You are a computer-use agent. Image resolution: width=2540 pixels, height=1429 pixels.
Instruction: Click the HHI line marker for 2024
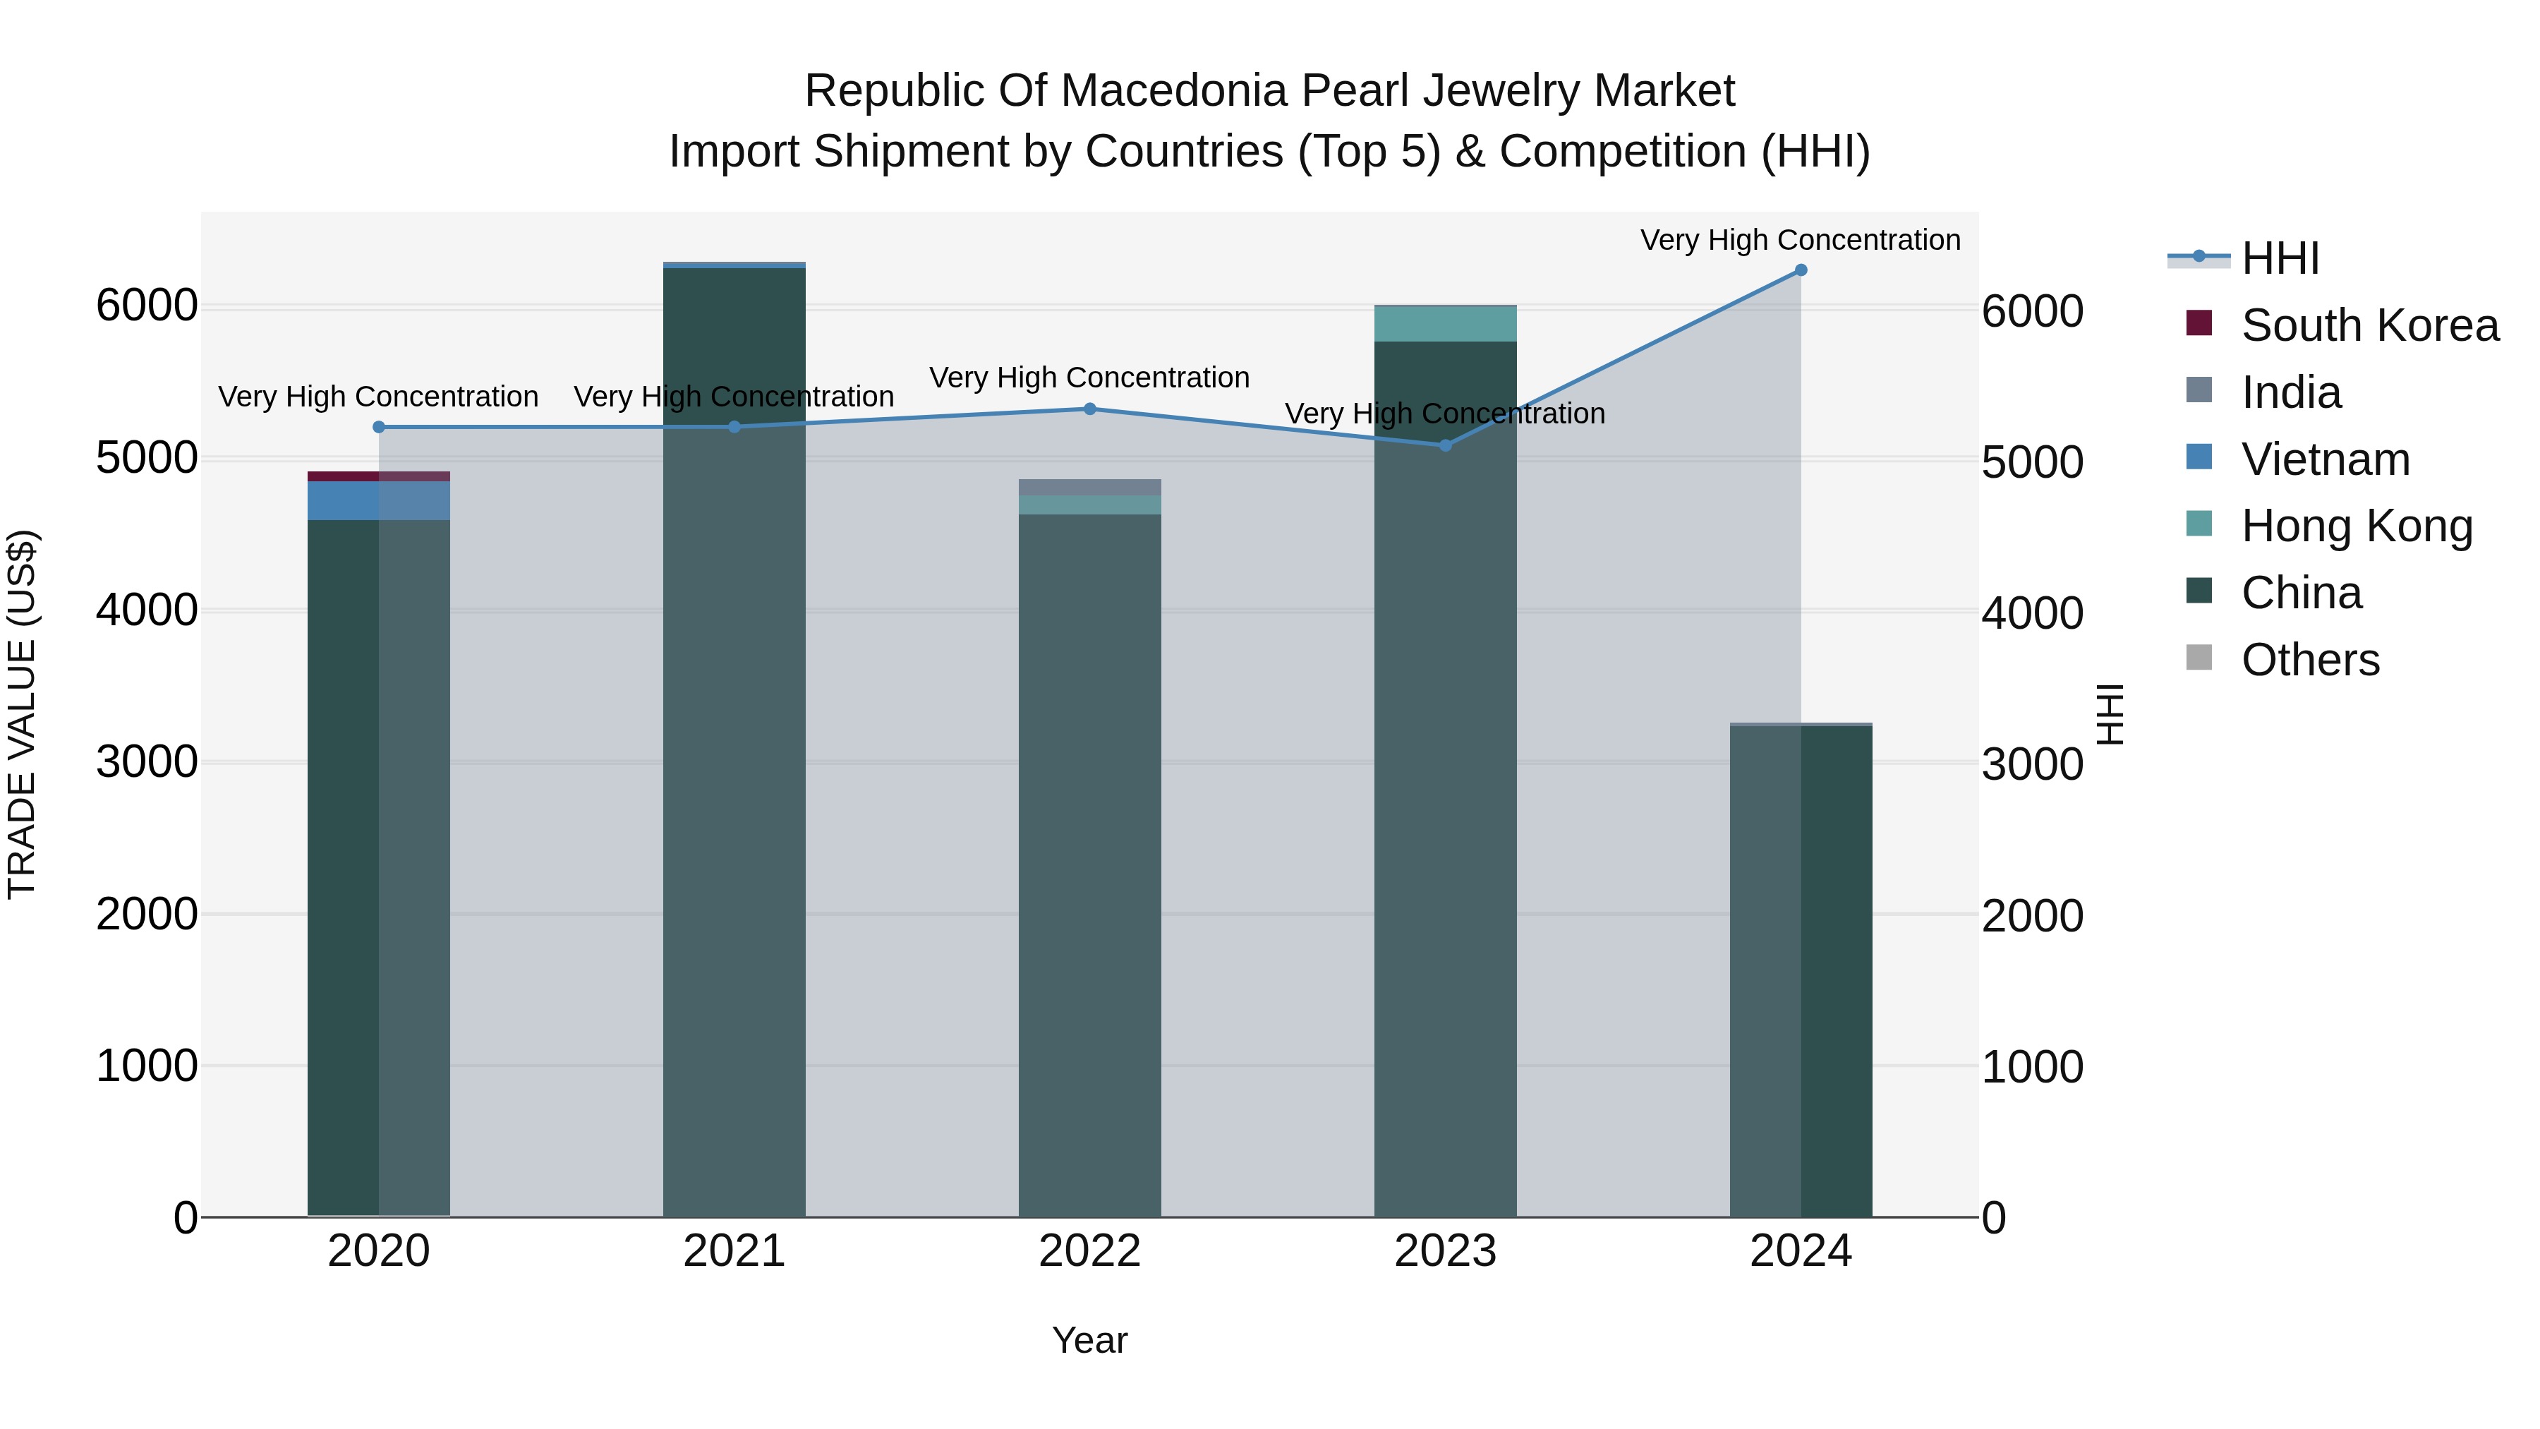click(1801, 270)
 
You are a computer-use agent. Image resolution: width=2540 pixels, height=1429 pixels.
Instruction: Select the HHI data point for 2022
click(1089, 409)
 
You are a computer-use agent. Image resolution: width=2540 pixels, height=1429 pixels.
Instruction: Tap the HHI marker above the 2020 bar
click(379, 427)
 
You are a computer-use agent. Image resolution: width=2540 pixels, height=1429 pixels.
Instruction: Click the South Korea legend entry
click(2369, 325)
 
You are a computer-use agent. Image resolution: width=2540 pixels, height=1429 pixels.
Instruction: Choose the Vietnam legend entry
click(2325, 459)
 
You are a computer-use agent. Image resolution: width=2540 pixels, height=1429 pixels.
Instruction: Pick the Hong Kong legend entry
click(2357, 526)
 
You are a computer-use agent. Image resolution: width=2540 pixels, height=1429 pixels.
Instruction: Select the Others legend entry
click(2309, 660)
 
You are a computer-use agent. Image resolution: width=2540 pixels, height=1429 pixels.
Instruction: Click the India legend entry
click(2290, 392)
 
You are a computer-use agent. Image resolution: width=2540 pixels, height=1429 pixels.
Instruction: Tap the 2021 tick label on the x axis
click(734, 1251)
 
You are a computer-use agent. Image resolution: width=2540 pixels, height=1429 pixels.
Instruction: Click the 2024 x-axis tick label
click(1801, 1251)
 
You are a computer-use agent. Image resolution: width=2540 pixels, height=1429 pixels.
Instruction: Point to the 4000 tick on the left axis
click(147, 610)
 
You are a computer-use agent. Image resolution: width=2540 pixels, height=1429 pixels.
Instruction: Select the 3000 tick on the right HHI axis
click(2032, 764)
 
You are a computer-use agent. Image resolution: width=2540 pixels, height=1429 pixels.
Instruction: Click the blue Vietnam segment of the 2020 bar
click(379, 501)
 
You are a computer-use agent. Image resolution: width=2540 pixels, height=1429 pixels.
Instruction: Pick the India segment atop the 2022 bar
click(1089, 487)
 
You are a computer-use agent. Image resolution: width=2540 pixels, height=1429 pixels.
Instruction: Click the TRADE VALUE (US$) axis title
click(22, 714)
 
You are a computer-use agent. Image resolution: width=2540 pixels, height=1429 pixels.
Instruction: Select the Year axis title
click(1089, 1340)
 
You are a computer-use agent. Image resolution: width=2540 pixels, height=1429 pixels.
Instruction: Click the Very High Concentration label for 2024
click(1801, 240)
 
